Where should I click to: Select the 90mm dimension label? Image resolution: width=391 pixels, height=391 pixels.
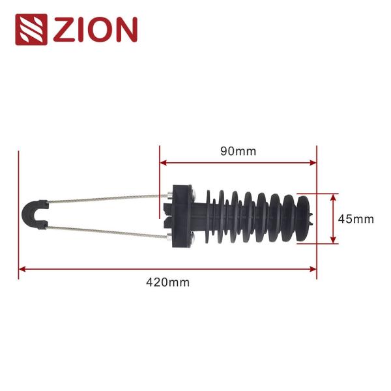coord(238,151)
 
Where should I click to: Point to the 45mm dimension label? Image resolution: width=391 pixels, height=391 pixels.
coord(356,219)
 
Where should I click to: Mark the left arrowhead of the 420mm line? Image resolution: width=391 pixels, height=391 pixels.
coord(22,268)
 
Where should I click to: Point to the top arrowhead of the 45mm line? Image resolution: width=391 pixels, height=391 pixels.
coord(334,196)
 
